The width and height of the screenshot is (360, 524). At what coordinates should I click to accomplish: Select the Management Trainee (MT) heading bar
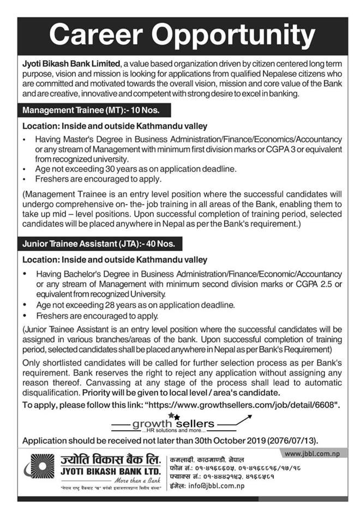[x=91, y=110]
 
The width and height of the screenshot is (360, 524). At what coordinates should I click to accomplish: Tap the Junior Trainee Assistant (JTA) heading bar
[x=101, y=242]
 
